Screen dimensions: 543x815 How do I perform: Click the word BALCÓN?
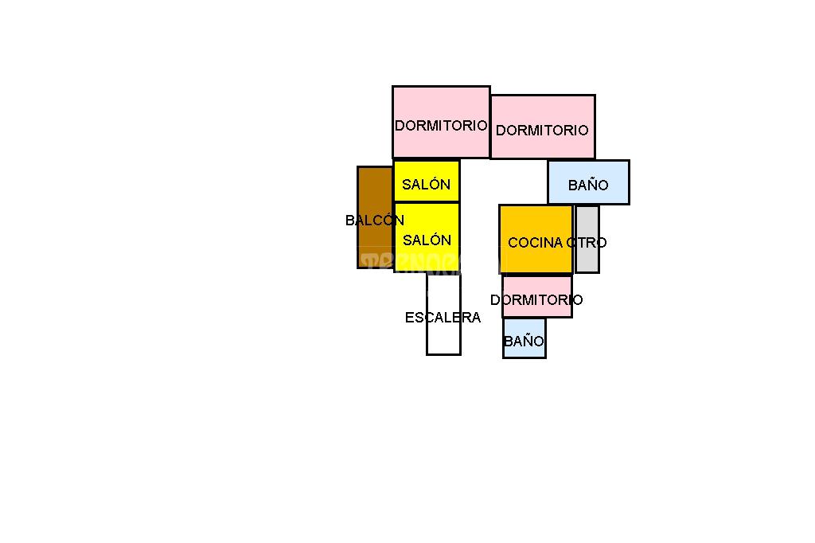(375, 221)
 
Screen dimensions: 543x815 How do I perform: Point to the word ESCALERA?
(443, 318)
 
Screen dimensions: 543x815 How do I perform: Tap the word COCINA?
(535, 243)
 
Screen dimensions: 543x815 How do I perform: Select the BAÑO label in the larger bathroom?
(588, 186)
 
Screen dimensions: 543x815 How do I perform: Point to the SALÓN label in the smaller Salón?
(426, 185)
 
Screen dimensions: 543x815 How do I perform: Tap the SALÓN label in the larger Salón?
(427, 240)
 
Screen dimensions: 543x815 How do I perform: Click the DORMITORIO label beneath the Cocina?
(536, 300)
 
